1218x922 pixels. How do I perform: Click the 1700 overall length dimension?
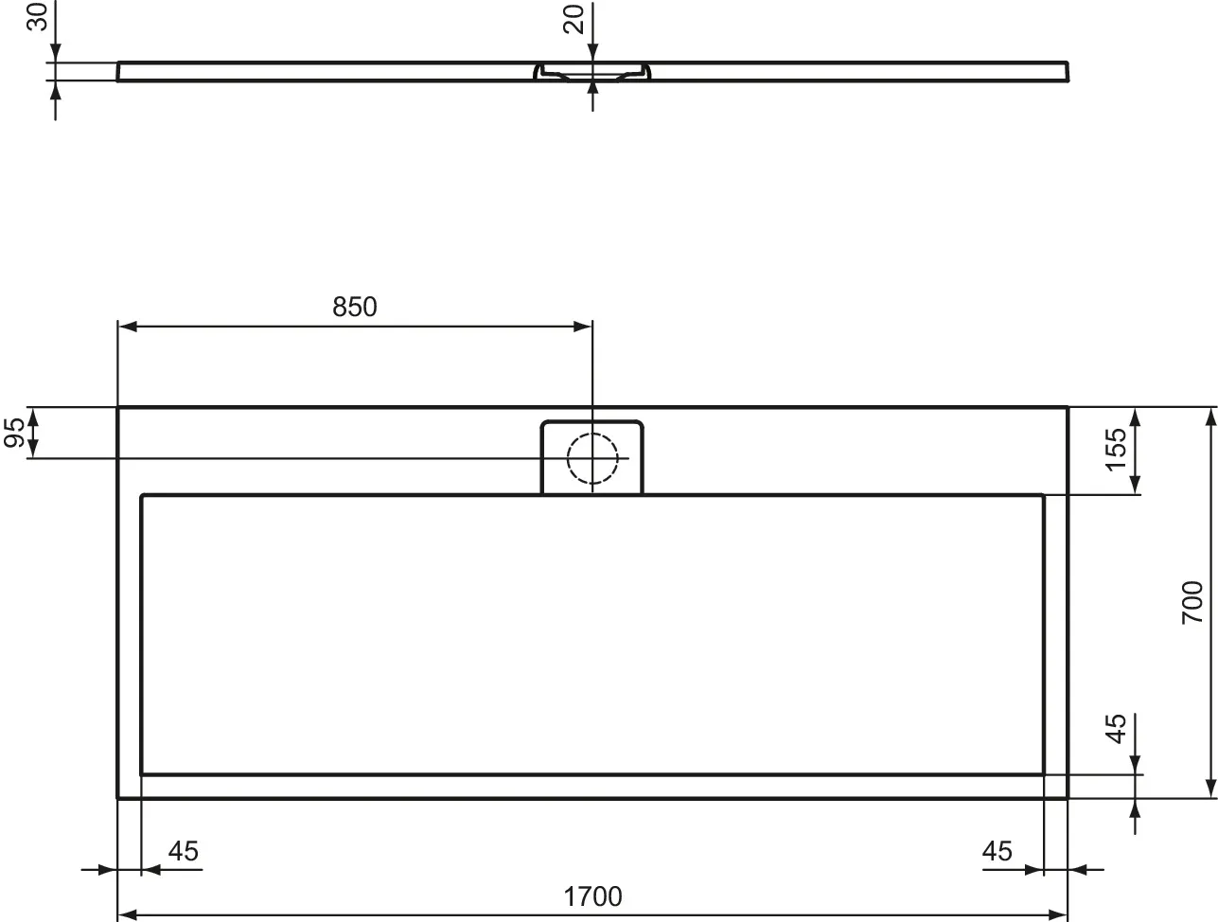[x=593, y=895]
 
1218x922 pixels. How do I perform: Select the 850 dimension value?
[x=354, y=307]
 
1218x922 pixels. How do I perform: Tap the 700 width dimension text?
[x=1192, y=602]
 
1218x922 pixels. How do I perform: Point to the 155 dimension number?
[x=1117, y=449]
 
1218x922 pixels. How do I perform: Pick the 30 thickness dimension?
[x=38, y=17]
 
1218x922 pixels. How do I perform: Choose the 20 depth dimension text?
[x=574, y=19]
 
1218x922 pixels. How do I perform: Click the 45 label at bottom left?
[x=183, y=851]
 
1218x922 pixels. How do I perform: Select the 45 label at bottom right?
[x=997, y=851]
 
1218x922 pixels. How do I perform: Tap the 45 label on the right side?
[x=1117, y=729]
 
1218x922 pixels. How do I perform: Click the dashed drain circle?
[x=592, y=458]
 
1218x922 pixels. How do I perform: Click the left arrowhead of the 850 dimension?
[x=127, y=327]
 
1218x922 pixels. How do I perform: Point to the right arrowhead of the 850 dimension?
[x=583, y=327]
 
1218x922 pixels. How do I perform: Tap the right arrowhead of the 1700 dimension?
[x=1058, y=915]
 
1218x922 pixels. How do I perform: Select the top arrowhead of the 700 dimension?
[x=1209, y=417]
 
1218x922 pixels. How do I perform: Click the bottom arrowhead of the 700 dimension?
[x=1209, y=789]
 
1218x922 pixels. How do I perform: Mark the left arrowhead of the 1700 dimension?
[x=127, y=915]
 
